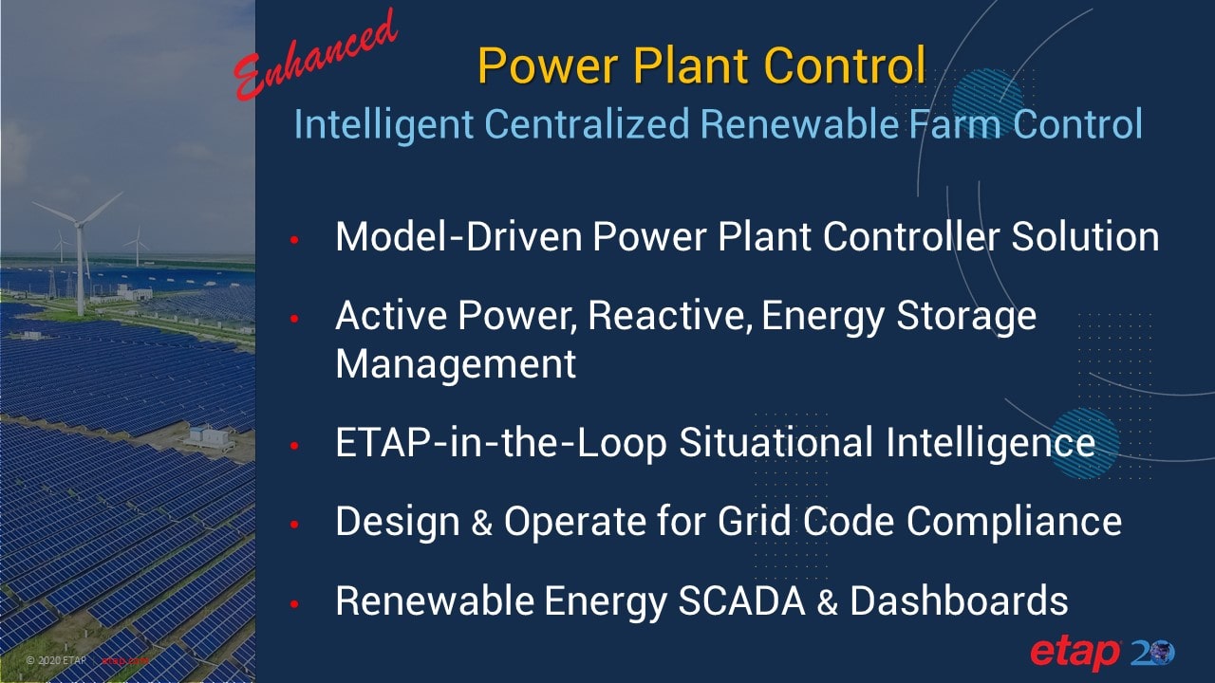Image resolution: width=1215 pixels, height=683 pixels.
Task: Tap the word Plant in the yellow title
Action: click(x=693, y=65)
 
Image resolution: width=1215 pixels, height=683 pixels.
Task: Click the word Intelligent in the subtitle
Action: click(x=384, y=124)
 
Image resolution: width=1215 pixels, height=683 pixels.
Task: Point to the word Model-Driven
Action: click(x=458, y=236)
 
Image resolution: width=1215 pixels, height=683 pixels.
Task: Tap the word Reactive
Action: click(x=670, y=316)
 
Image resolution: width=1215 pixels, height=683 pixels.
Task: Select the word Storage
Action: click(x=966, y=317)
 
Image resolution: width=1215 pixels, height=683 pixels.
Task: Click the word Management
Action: click(x=456, y=364)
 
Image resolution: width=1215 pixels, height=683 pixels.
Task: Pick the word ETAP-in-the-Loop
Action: click(x=500, y=443)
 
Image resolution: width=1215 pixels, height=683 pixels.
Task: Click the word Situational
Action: click(x=776, y=442)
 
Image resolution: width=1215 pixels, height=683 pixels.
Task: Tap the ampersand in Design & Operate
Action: click(x=481, y=523)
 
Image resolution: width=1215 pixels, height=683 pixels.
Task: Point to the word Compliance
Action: click(x=1014, y=522)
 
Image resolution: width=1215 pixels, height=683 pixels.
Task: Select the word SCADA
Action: click(x=741, y=601)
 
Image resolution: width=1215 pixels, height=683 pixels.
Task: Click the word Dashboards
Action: click(x=959, y=601)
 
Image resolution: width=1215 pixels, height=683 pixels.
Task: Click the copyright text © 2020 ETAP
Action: click(x=56, y=660)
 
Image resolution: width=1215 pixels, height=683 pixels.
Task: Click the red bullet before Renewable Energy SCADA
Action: click(x=294, y=603)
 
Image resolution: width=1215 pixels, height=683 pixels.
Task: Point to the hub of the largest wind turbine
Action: click(x=80, y=224)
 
